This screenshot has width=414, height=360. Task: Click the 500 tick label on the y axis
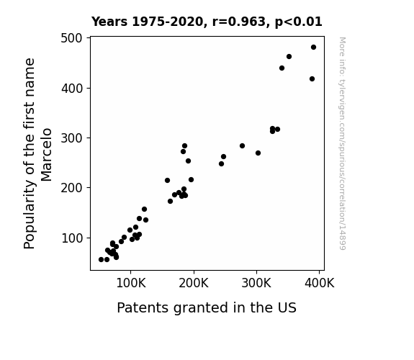pyautogui.click(x=71, y=38)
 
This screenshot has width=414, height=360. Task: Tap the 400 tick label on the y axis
pyautogui.click(x=72, y=89)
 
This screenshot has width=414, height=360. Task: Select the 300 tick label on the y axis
pyautogui.click(x=71, y=138)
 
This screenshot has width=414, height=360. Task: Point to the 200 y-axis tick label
pyautogui.click(x=71, y=188)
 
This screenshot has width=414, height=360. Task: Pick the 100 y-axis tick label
pyautogui.click(x=72, y=238)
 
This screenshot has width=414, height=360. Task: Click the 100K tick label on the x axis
pyautogui.click(x=131, y=284)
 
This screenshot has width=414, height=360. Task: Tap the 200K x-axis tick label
pyautogui.click(x=194, y=284)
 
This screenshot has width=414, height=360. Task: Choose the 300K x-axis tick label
pyautogui.click(x=256, y=284)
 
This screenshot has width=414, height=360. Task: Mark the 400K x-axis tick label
pyautogui.click(x=319, y=284)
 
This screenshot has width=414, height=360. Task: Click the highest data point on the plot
pyautogui.click(x=313, y=48)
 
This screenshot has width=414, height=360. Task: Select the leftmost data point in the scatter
pyautogui.click(x=101, y=260)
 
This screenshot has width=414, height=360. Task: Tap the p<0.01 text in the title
pyautogui.click(x=298, y=22)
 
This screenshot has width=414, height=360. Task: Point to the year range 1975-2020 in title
pyautogui.click(x=167, y=22)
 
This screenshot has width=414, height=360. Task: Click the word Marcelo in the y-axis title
pyautogui.click(x=47, y=155)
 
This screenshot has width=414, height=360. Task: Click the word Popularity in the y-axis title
pyautogui.click(x=29, y=215)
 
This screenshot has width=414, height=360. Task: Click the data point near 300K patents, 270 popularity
pyautogui.click(x=258, y=153)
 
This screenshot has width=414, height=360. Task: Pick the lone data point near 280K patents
pyautogui.click(x=242, y=145)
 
